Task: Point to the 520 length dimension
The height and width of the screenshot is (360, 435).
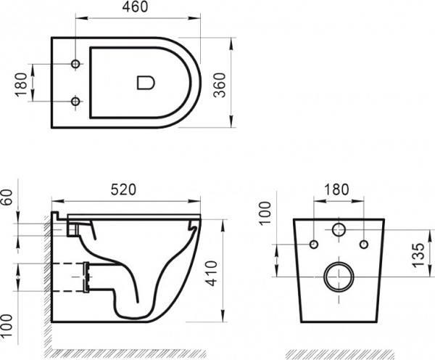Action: (x=125, y=188)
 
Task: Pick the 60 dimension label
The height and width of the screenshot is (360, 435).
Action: (x=8, y=197)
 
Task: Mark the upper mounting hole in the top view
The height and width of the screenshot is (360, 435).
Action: (x=75, y=65)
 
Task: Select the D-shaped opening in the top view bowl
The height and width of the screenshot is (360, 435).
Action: (x=145, y=82)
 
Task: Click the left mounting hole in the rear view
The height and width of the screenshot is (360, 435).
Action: (x=314, y=244)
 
